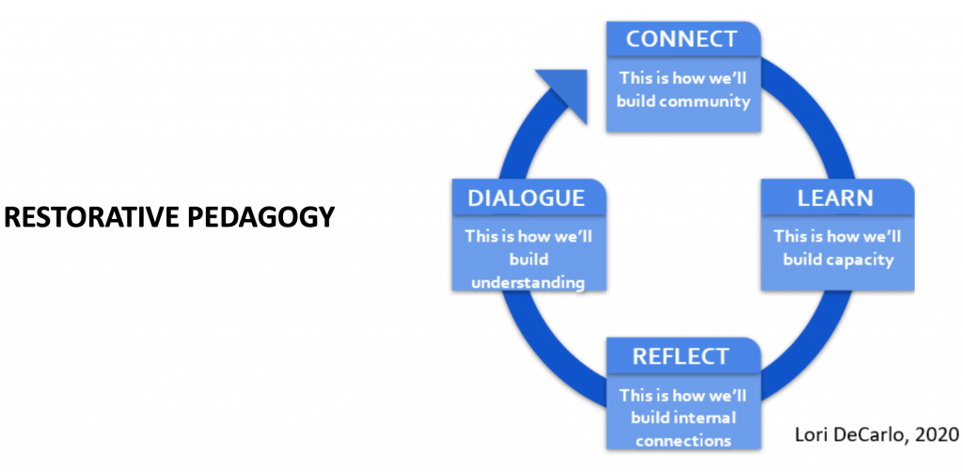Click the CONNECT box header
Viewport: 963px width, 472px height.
(x=684, y=39)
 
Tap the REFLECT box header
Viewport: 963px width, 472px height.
(x=684, y=356)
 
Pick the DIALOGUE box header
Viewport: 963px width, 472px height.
(x=529, y=197)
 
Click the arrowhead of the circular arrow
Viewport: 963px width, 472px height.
(x=565, y=92)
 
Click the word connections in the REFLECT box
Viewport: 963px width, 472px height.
(x=683, y=441)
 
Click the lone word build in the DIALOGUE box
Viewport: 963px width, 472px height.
(x=529, y=259)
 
